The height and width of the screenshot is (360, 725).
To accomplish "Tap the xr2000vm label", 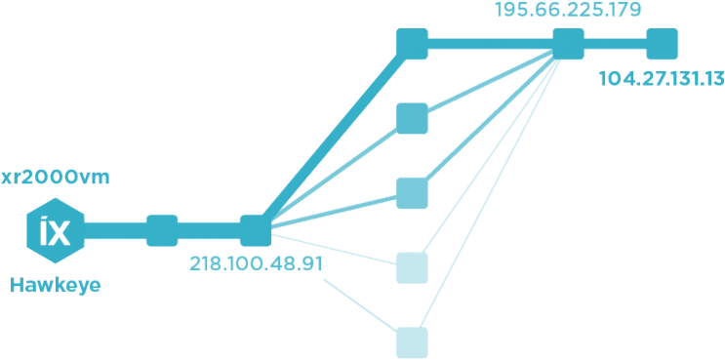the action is (x=55, y=179).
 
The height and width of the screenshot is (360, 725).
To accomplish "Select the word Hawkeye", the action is (x=55, y=286).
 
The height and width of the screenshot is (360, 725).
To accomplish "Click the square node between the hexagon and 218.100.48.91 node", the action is (x=161, y=231).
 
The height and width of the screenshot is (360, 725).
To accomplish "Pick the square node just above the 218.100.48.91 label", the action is (x=255, y=230).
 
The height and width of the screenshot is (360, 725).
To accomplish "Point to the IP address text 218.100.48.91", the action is (x=257, y=264).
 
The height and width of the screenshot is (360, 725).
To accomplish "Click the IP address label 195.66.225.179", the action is (x=569, y=11).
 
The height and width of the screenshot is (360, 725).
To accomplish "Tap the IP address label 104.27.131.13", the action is (x=662, y=79).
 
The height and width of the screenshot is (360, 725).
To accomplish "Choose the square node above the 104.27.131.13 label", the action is (x=663, y=44).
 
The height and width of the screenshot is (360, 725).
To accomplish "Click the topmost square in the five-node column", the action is (x=412, y=44).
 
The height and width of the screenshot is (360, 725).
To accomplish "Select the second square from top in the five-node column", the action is (x=412, y=118).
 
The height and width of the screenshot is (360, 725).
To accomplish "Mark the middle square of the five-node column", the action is (x=412, y=193).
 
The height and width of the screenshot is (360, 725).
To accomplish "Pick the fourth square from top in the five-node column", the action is (x=412, y=267).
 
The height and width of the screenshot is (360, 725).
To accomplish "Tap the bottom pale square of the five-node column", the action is (x=412, y=341).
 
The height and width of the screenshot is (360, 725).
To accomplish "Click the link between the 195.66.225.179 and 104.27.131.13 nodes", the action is (x=616, y=44).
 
